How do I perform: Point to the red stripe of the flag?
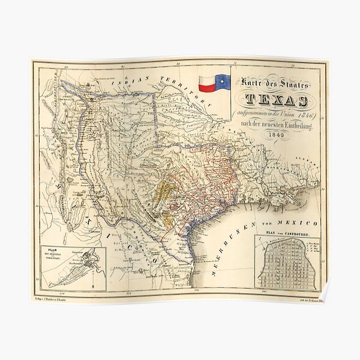[207, 88]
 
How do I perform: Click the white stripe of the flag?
[207, 79]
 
